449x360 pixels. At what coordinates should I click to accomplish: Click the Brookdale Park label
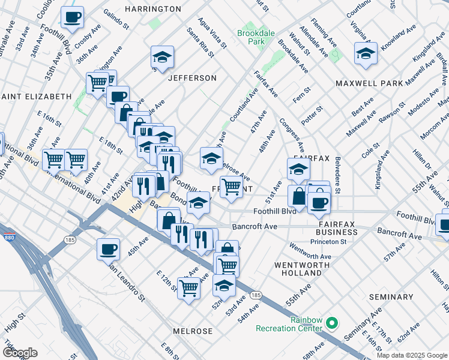251,38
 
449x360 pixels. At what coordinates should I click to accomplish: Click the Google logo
20,353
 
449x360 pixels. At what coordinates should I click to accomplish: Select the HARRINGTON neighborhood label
152,9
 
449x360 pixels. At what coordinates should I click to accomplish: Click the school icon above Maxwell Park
366,53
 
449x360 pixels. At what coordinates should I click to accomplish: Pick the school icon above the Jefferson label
162,57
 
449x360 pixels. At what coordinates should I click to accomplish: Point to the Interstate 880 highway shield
10,236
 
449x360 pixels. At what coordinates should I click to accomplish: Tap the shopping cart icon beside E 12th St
189,289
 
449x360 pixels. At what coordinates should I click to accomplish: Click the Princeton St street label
328,242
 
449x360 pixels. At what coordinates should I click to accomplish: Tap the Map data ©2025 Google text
412,355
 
